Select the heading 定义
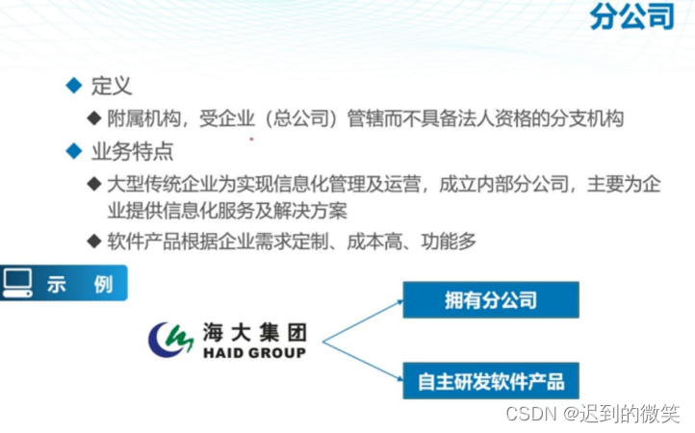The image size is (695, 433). pyautogui.click(x=111, y=86)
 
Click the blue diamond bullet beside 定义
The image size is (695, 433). pyautogui.click(x=73, y=86)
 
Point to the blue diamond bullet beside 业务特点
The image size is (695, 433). pyautogui.click(x=73, y=151)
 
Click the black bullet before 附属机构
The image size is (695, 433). pyautogui.click(x=93, y=118)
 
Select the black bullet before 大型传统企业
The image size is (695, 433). pyautogui.click(x=93, y=183)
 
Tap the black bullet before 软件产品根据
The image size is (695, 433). pyautogui.click(x=93, y=242)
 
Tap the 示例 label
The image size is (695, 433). pyautogui.click(x=80, y=285)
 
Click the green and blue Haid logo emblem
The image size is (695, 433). pyautogui.click(x=170, y=339)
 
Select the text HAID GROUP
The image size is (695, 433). pyautogui.click(x=254, y=353)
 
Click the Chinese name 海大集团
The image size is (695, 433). pyautogui.click(x=254, y=333)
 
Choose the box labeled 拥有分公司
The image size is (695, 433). pyautogui.click(x=490, y=300)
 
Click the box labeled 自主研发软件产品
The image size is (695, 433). pyautogui.click(x=490, y=381)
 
